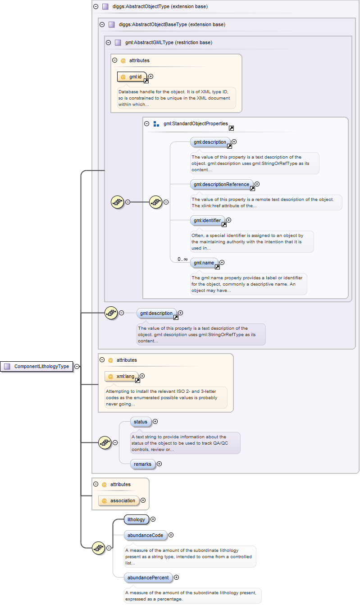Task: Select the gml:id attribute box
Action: tap(132, 77)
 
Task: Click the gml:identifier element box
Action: tap(207, 220)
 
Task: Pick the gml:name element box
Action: tap(204, 263)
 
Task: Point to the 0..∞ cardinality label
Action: tap(182, 259)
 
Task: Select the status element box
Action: tap(141, 422)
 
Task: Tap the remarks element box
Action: tap(142, 464)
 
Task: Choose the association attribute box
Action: tap(119, 500)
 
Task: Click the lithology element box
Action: tap(136, 519)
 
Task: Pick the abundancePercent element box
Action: tap(148, 578)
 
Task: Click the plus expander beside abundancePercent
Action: tap(176, 577)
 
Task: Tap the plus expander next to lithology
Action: tap(153, 519)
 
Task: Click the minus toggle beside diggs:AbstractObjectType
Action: tap(96, 7)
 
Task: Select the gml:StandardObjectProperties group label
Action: tap(196, 123)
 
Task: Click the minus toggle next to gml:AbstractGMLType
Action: tap(108, 42)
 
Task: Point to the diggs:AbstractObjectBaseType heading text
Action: tap(169, 24)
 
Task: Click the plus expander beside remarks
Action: tap(159, 464)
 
